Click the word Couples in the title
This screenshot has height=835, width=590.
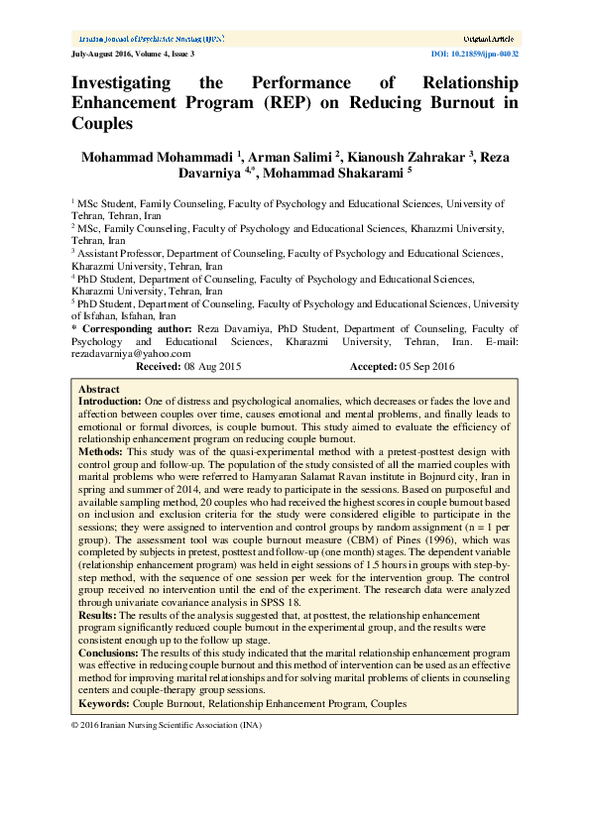click(102, 124)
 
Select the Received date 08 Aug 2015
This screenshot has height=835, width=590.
click(213, 366)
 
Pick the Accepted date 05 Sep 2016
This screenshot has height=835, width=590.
click(427, 366)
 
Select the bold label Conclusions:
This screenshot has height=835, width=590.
click(109, 654)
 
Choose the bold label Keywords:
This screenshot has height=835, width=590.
click(103, 703)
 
